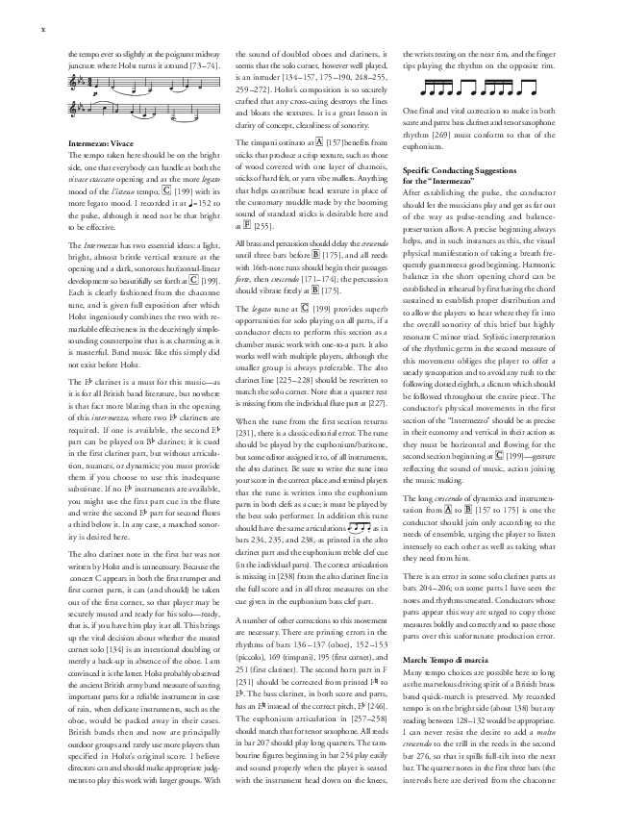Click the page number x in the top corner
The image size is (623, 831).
(44, 29)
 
